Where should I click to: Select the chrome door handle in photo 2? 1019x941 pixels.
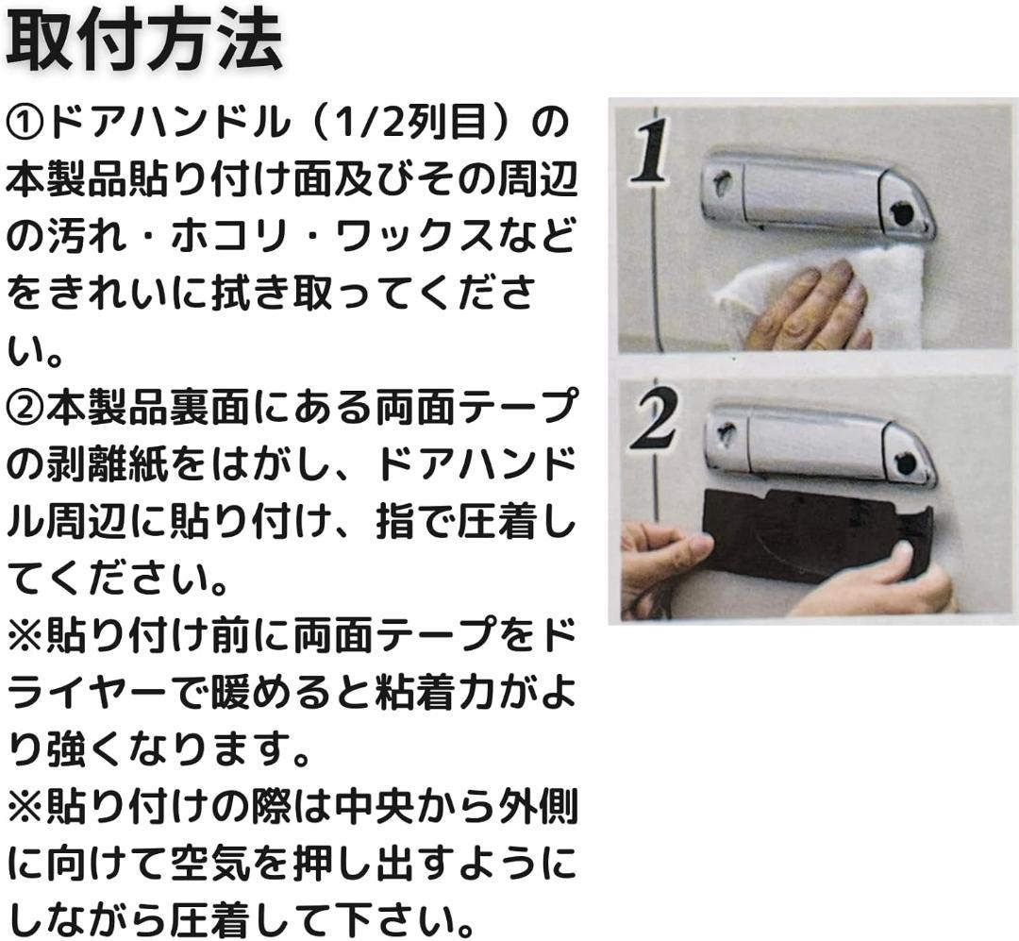click(822, 443)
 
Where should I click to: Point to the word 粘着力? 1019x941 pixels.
click(434, 693)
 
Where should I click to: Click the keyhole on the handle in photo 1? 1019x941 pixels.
click(719, 182)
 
